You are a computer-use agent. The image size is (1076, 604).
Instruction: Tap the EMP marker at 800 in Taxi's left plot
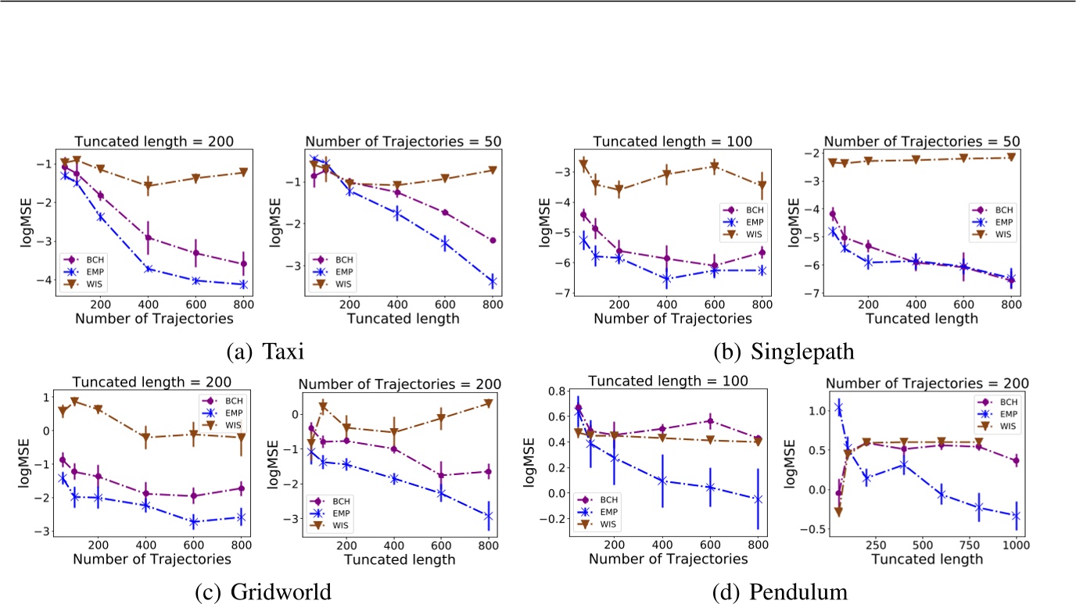click(x=243, y=284)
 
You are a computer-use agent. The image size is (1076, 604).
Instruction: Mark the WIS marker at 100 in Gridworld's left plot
click(x=75, y=402)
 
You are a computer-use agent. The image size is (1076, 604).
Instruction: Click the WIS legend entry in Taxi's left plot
click(x=77, y=284)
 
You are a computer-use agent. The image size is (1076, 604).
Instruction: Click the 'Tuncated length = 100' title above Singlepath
click(x=672, y=141)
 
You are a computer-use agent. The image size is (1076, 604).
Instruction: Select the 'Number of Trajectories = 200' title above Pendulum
click(x=927, y=383)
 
